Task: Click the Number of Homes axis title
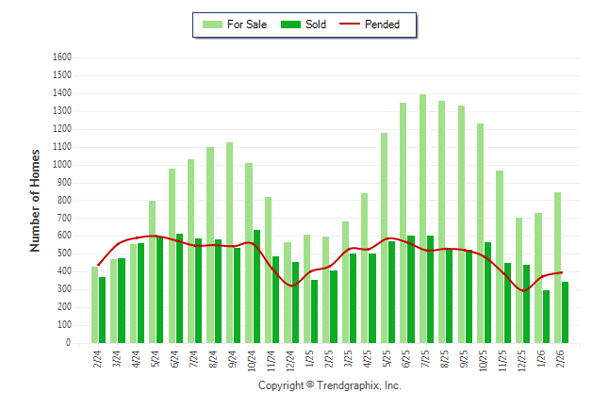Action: (36, 200)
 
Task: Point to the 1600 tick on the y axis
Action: (62, 57)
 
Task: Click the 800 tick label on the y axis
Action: (64, 200)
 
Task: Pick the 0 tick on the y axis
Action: (68, 343)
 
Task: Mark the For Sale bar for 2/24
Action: (94, 305)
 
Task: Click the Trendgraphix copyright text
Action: (330, 385)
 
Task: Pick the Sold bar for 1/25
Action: (315, 311)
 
